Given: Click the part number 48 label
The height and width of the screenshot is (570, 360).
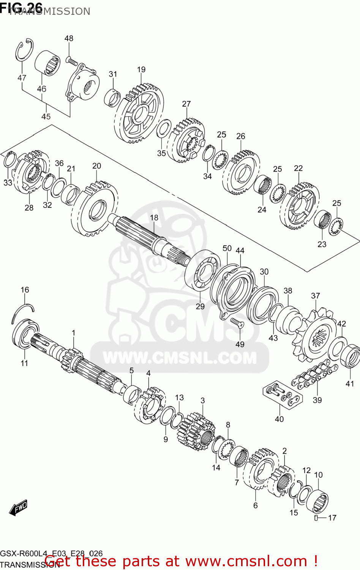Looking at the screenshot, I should click(69, 38).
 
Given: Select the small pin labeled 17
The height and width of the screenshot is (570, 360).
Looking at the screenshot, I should click(316, 518).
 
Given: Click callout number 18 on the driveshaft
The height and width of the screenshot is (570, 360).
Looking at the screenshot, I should click(154, 218).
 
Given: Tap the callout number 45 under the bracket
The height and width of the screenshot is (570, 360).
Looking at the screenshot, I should click(46, 116).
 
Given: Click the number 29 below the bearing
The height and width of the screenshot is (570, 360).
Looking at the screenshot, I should click(200, 306).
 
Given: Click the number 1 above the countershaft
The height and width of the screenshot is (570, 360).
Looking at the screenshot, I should click(73, 333).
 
